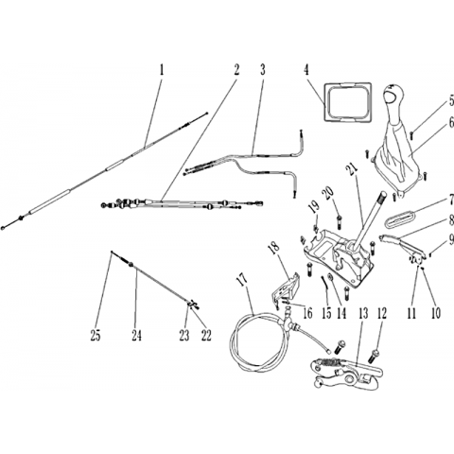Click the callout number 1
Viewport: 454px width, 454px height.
(162, 70)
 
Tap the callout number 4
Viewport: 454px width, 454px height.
(306, 70)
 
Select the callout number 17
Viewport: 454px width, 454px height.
(243, 280)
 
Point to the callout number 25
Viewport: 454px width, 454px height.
(96, 335)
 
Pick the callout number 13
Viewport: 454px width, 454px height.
(363, 314)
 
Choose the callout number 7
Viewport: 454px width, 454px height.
(451, 200)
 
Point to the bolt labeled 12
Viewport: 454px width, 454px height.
(375, 357)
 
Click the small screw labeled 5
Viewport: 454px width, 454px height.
(411, 135)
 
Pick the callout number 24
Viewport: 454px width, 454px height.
(136, 335)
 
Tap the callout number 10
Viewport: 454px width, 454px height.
(435, 313)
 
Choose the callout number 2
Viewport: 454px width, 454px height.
(236, 70)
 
